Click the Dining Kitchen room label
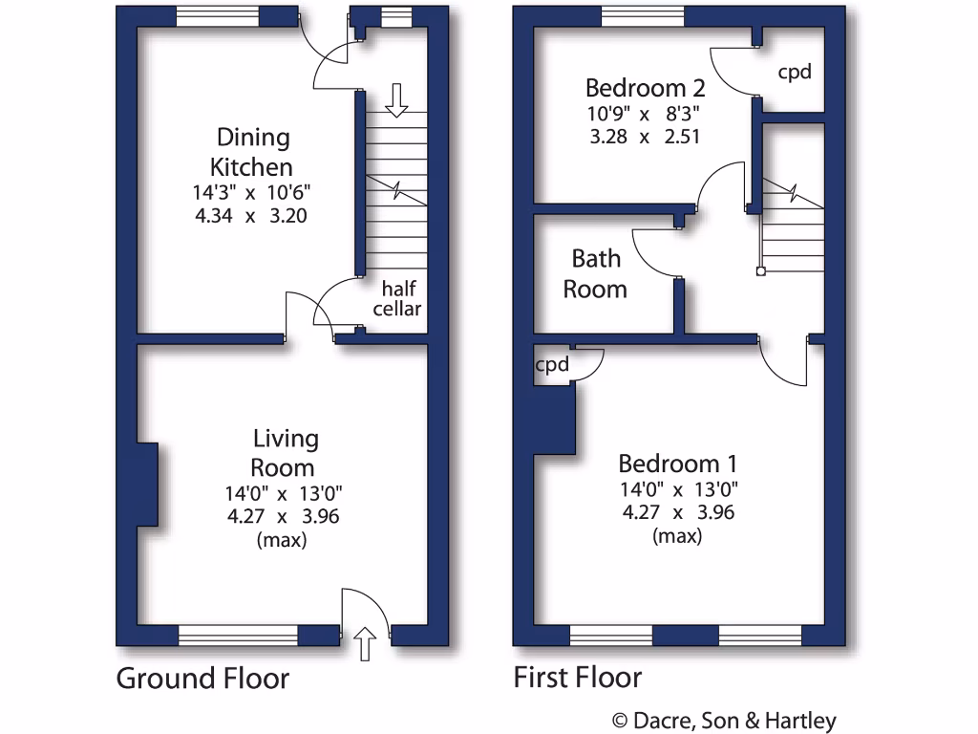tap(253, 152)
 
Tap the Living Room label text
tap(284, 453)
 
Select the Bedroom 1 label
tap(677, 464)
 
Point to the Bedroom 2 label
tap(645, 89)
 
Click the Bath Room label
tap(595, 273)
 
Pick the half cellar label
tap(396, 298)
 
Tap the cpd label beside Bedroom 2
tap(795, 72)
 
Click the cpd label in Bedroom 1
tap(552, 364)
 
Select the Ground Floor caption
tap(202, 679)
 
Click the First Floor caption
tap(578, 679)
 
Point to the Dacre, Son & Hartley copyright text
tap(723, 720)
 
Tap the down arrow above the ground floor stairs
tap(396, 98)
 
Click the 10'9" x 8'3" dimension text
tap(645, 114)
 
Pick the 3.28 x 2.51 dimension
tap(645, 137)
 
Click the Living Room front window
tap(238, 634)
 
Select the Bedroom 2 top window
tap(643, 17)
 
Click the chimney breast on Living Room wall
tap(146, 485)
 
